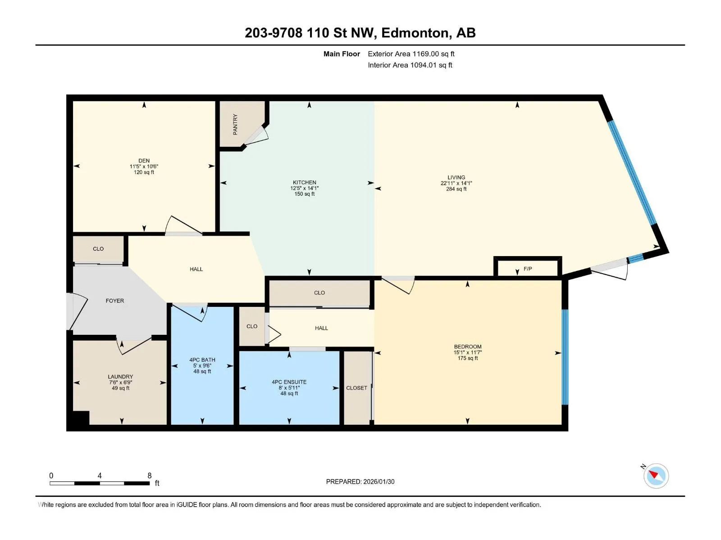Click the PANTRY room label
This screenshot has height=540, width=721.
tap(235, 125)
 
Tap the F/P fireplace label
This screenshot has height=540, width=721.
tap(528, 269)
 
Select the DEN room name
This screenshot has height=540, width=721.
tap(144, 161)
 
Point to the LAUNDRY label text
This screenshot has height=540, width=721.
tap(121, 377)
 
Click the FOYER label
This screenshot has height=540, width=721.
tap(114, 301)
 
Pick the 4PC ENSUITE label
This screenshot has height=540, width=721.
tap(289, 382)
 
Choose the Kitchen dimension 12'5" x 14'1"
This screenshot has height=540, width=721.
tap(305, 188)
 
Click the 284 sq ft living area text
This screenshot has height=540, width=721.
tap(456, 189)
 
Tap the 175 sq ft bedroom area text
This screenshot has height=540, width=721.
tap(468, 358)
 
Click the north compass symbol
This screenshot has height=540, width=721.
tap(656, 476)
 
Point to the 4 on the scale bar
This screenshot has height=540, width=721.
tap(100, 475)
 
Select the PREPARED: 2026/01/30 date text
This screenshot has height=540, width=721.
tap(360, 481)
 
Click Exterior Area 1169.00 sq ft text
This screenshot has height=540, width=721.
tap(411, 54)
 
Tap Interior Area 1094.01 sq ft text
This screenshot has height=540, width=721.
tap(410, 65)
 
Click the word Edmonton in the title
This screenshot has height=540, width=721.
tap(415, 33)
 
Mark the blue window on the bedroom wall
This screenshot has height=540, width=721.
tap(565, 357)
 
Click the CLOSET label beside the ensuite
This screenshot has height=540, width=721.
tap(356, 388)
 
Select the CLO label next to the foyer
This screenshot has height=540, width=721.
tap(98, 249)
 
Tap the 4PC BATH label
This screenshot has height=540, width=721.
tap(202, 360)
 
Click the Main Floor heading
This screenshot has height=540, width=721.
tap(342, 54)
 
